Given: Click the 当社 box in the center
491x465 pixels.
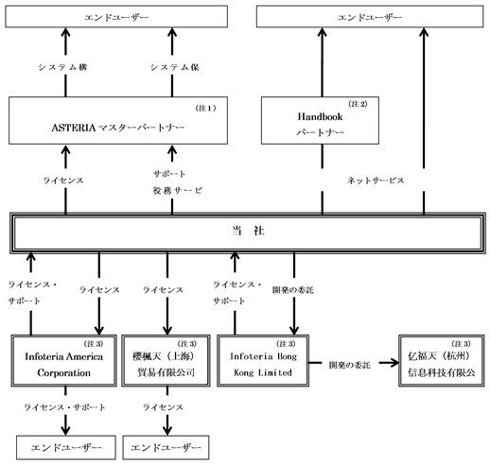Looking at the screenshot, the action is point(248,232).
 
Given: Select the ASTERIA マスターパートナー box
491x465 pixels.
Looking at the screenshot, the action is point(118,121).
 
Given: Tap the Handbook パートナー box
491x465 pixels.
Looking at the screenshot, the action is point(320,121).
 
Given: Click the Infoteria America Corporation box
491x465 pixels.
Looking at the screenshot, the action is point(64,360).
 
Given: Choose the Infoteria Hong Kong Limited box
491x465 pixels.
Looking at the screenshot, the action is point(263,360).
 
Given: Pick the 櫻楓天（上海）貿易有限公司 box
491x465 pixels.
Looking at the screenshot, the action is point(166,360).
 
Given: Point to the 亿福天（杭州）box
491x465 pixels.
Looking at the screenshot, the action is point(442,360).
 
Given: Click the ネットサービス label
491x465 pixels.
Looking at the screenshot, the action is point(376,181).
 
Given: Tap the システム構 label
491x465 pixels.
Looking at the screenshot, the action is point(62,67).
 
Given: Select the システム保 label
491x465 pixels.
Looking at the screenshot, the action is point(175,67).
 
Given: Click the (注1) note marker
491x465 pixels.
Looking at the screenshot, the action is point(206,108).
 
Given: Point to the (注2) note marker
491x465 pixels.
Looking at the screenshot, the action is point(358,104).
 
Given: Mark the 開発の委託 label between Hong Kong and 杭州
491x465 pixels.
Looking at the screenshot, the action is point(349,365).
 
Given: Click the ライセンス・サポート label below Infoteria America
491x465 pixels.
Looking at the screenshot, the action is point(65,407).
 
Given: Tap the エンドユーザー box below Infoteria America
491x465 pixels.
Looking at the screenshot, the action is point(66,447).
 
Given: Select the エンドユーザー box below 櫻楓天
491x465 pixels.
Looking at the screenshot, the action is point(166,447).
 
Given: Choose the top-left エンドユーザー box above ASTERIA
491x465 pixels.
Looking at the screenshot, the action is point(116,16).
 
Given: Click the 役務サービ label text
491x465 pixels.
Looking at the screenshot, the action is point(178,190).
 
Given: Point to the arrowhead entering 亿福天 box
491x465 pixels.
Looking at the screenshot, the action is point(395,363).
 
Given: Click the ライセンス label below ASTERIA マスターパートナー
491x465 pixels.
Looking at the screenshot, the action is point(63,181).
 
